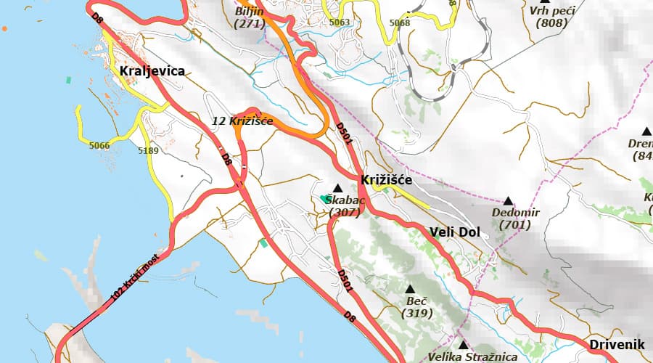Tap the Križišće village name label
tap(387, 179)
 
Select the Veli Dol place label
tap(455, 232)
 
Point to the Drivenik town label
tap(617, 343)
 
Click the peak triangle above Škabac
tap(337, 188)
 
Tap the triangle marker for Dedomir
tap(508, 200)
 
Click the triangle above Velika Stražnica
tap(463, 344)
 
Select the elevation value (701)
tap(515, 225)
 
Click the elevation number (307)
tap(344, 213)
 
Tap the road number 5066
tap(99, 146)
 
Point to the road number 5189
tap(147, 151)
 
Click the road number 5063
tap(339, 23)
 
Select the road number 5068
tap(400, 23)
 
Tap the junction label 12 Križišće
tap(242, 121)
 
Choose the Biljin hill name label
tap(250, 12)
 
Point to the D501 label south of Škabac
tap(345, 280)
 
